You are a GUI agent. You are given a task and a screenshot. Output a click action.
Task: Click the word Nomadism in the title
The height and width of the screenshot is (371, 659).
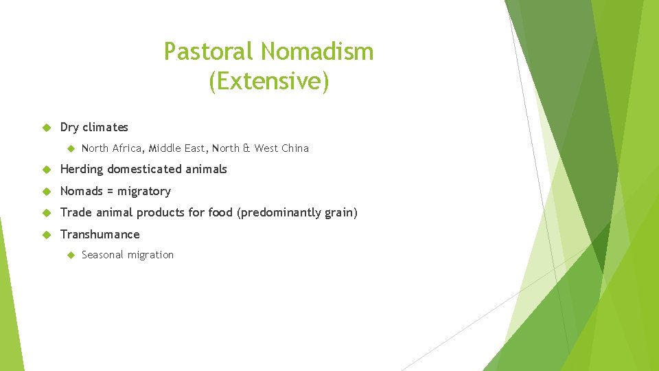click(317, 52)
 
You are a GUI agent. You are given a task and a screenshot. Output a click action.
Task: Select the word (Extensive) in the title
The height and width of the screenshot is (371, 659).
click(269, 81)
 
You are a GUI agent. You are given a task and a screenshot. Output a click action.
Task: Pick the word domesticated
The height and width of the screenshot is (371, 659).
click(143, 169)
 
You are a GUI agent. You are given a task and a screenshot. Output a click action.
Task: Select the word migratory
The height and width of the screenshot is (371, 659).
click(143, 191)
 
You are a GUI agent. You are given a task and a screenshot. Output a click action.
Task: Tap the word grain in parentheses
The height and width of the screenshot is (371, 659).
click(339, 213)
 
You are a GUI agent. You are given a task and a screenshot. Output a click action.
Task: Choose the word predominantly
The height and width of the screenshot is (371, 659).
click(279, 213)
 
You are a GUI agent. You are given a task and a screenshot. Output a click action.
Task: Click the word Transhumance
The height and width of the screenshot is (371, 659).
click(100, 234)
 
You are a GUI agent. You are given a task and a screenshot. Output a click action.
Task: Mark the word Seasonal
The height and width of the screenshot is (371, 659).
click(104, 255)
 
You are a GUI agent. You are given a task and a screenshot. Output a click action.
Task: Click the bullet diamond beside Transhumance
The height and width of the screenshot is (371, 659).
click(47, 234)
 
